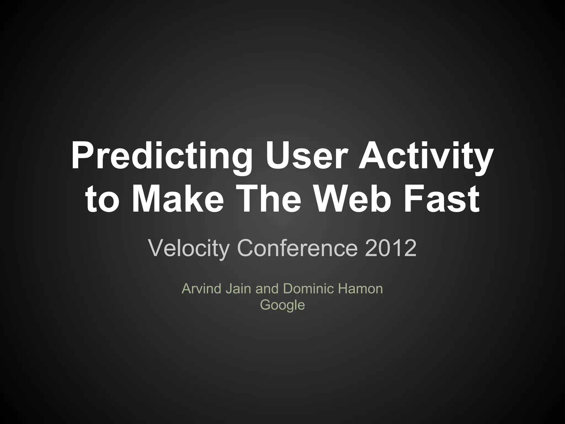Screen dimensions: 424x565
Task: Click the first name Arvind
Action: [x=202, y=289]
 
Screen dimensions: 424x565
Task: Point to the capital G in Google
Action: [x=265, y=304]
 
